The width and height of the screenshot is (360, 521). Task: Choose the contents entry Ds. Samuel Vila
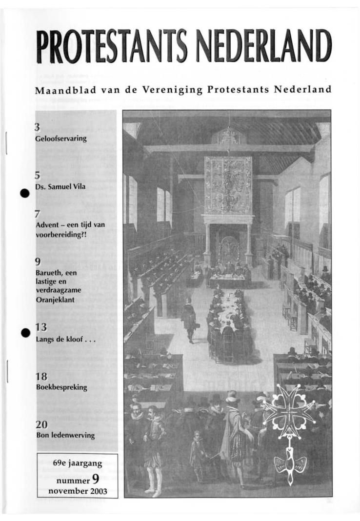pyautogui.click(x=60, y=187)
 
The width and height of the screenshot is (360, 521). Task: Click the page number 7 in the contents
pyautogui.click(x=37, y=214)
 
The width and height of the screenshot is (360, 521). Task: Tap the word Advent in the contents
pyautogui.click(x=47, y=225)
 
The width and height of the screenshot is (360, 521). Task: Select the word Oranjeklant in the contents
pyautogui.click(x=55, y=300)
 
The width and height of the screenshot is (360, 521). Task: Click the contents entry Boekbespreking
pyautogui.click(x=61, y=387)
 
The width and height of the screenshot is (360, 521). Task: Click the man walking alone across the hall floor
pyautogui.click(x=189, y=320)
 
